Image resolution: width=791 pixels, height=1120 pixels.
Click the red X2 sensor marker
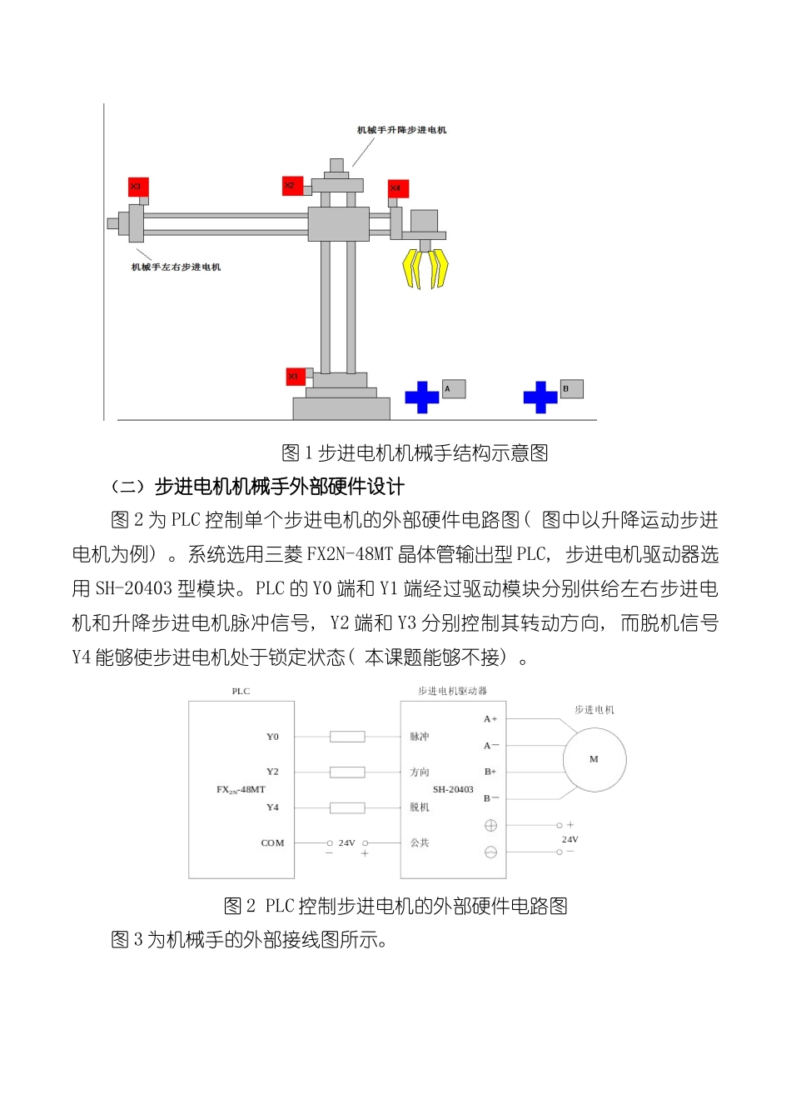click(x=292, y=185)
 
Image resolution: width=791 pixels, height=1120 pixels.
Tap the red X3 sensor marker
click(x=137, y=187)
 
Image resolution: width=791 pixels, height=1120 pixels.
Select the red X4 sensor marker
click(x=397, y=189)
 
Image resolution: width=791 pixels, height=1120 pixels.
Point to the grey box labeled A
click(x=453, y=389)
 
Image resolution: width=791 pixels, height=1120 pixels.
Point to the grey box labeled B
click(x=571, y=389)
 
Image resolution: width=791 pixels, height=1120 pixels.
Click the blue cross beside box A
click(x=422, y=397)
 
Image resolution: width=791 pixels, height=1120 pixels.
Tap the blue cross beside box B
click(x=540, y=397)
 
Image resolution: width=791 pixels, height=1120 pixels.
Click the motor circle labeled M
click(x=594, y=759)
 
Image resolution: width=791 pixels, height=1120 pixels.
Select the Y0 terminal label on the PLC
click(x=272, y=737)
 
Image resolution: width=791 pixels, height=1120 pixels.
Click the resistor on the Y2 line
click(x=347, y=772)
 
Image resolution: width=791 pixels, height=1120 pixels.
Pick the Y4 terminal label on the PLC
click(x=272, y=807)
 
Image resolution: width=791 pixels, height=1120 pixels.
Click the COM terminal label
click(x=272, y=843)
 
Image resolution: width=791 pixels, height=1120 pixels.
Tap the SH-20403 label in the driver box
click(x=453, y=789)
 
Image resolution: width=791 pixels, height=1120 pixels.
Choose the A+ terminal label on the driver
click(x=490, y=718)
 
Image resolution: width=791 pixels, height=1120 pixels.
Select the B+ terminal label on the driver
click(x=490, y=772)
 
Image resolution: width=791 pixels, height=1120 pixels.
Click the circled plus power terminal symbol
click(x=490, y=825)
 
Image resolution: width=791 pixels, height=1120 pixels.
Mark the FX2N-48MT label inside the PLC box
click(x=241, y=789)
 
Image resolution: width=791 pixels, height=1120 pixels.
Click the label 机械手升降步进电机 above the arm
click(x=401, y=130)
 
